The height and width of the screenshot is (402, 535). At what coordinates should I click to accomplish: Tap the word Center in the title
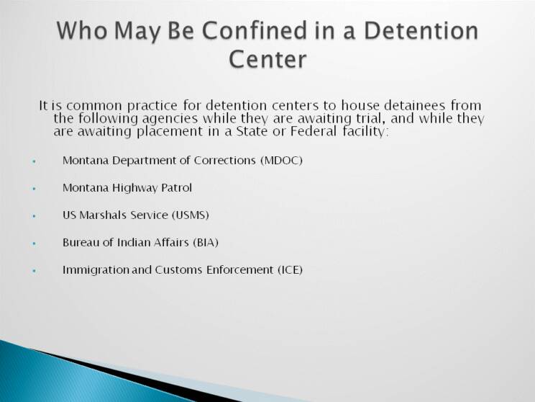pos(267,60)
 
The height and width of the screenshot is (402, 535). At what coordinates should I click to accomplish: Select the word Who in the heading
pos(82,30)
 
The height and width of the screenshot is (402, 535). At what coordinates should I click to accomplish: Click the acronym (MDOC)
pos(281,161)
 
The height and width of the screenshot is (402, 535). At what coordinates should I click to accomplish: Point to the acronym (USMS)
pos(191,215)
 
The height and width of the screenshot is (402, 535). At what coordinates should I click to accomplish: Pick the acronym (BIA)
pos(206,242)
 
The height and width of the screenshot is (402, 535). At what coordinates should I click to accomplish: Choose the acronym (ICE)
pos(290,269)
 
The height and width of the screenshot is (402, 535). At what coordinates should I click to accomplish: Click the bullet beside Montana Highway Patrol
pos(34,188)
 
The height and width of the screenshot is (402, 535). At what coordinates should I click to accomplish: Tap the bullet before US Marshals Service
pos(34,215)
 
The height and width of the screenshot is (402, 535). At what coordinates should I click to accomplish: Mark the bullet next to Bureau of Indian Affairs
pos(34,244)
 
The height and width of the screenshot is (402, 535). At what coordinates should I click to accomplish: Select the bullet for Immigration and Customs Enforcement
pos(34,271)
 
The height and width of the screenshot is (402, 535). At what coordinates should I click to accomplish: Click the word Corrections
pos(225,161)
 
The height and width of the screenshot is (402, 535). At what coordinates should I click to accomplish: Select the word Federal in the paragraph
pos(314,131)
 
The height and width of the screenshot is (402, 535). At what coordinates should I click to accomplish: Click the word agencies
pos(170,119)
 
